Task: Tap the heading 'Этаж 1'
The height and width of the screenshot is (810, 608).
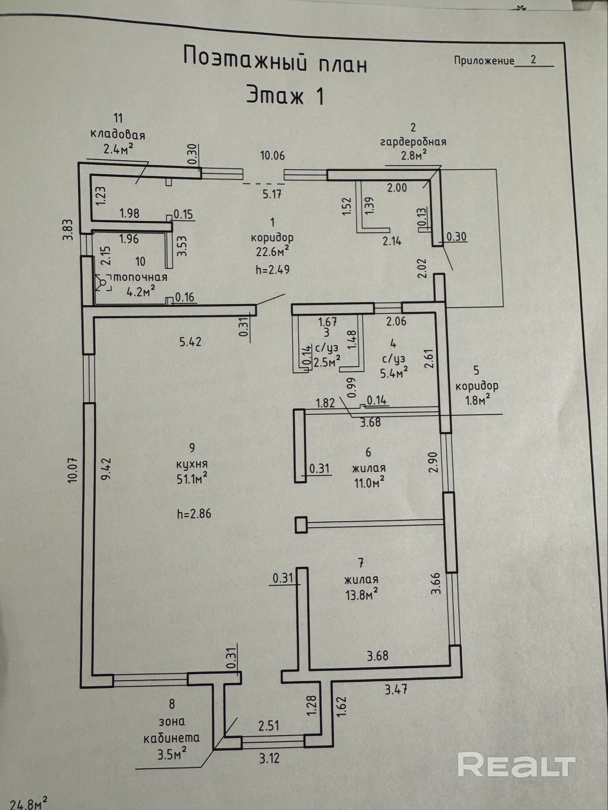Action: tap(285, 96)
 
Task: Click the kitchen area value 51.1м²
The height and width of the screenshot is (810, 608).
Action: tap(192, 479)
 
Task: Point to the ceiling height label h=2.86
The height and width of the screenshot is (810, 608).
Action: tap(194, 514)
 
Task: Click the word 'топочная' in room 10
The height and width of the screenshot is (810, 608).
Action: tap(141, 277)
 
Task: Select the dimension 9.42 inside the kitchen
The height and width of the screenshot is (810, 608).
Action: tap(106, 469)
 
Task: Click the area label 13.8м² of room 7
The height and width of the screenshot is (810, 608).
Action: tap(362, 595)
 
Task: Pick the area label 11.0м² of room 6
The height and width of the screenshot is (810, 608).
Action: tap(368, 483)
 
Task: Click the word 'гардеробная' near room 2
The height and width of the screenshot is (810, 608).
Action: tap(413, 142)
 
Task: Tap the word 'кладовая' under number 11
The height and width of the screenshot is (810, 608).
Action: tap(118, 134)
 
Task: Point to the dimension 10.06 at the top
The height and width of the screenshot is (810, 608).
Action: tap(272, 156)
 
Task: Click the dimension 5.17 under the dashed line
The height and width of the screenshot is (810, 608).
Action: tap(272, 194)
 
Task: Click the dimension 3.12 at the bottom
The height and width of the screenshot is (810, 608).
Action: tap(270, 758)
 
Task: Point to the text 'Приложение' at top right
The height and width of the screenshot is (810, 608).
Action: tap(484, 61)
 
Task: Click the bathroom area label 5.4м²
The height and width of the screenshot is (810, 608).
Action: tap(394, 372)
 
